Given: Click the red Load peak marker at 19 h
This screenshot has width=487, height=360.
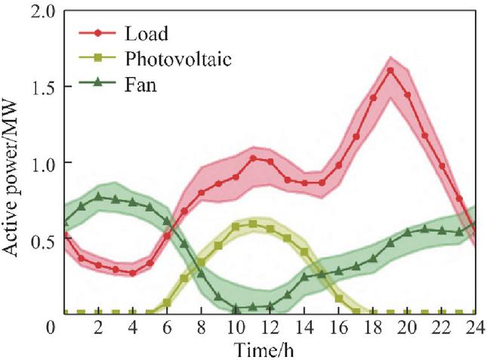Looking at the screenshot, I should (390, 71).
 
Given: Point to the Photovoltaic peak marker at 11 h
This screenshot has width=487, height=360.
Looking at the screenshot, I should (252, 223).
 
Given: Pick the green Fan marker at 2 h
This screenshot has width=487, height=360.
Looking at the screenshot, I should (98, 196).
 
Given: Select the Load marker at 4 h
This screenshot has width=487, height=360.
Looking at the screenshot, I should (133, 272).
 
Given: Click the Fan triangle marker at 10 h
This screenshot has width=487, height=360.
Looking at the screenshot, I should (236, 308).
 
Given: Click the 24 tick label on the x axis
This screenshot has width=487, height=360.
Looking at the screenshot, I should (474, 328).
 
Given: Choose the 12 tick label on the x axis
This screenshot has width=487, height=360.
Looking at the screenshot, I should (270, 328).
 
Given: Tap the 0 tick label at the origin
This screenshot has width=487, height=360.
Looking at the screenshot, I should (51, 328).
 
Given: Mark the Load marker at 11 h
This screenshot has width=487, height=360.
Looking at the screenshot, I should (253, 158).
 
